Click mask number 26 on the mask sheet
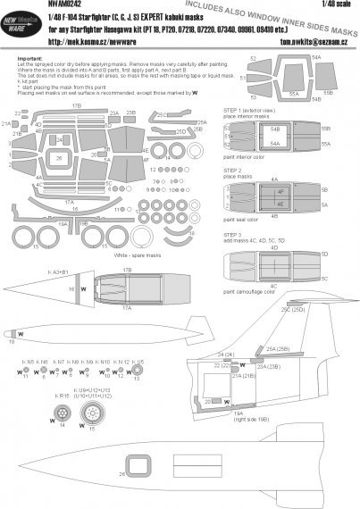[x=58, y=158]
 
